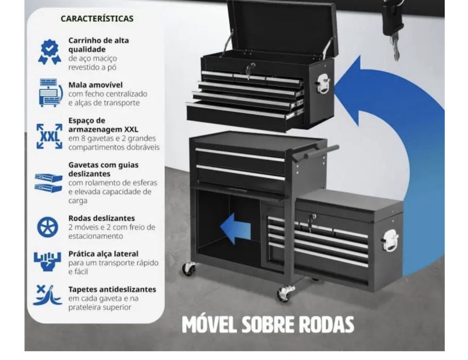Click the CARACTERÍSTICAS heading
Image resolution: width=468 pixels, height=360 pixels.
[x=97, y=19]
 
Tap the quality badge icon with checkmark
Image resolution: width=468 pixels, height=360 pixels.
[x=49, y=52]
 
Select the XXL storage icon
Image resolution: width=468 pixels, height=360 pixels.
[x=49, y=136]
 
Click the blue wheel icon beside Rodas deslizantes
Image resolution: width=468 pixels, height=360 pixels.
[x=48, y=227]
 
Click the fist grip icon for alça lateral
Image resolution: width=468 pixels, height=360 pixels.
[x=47, y=262]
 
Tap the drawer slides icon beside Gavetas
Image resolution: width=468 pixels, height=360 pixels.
[x=48, y=183]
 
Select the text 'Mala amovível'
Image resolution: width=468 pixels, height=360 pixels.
[x=95, y=85]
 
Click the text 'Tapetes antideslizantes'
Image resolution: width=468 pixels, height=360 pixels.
[x=112, y=289]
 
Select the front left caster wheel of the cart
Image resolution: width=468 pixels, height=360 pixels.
[x=189, y=269]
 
